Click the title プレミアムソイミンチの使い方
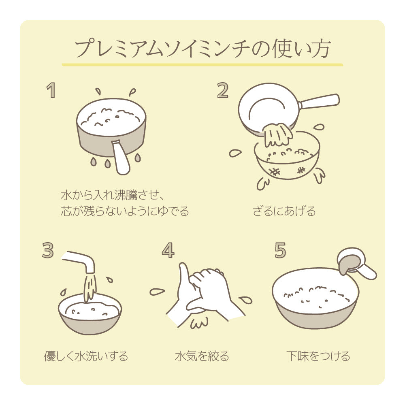tap(202, 49)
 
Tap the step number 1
tap(51, 90)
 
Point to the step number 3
tap(47, 250)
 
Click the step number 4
tap(168, 250)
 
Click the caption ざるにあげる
tap(283, 211)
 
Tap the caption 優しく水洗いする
tap(86, 356)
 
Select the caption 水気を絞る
tap(202, 356)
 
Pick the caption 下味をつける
tap(318, 356)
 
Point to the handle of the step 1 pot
tap(121, 158)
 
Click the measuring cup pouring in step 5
tap(356, 263)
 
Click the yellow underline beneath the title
tap(202, 65)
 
